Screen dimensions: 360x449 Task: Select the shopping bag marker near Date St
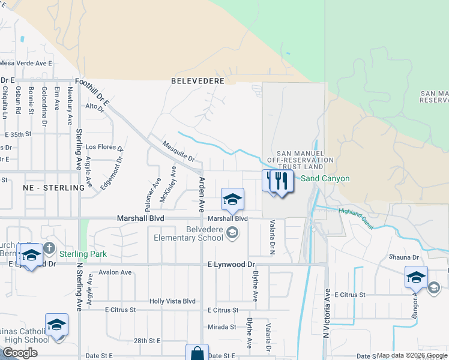[196, 353]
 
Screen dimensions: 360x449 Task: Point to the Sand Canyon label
[325, 178]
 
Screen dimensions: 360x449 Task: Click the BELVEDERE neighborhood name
[197, 80]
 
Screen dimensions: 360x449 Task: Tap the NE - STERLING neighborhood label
[53, 188]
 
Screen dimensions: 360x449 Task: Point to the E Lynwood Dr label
[231, 264]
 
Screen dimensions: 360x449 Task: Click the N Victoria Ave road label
[327, 312]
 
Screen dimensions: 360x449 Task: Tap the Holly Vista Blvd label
[173, 301]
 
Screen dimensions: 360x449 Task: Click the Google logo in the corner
[20, 353]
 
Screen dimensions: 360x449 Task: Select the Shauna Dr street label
[403, 257]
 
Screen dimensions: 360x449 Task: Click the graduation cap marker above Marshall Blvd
[232, 200]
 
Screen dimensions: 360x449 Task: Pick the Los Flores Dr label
[104, 146]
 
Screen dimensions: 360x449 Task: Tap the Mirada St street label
[222, 327]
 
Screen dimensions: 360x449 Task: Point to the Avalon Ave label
[118, 272]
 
